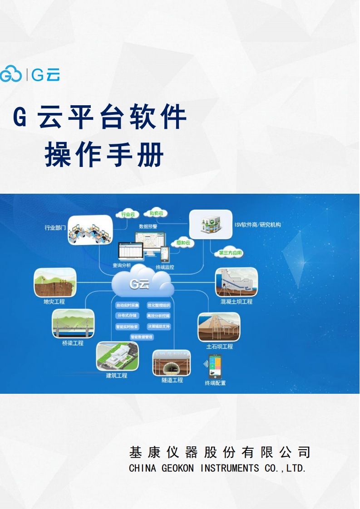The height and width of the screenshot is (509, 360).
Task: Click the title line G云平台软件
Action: coord(100,117)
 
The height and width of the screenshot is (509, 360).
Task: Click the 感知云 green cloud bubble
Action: coord(185,243)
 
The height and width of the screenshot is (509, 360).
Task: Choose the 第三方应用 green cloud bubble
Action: coord(230,253)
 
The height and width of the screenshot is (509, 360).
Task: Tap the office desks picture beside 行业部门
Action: coord(90,230)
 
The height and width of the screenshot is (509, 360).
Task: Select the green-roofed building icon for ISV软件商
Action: coord(210,224)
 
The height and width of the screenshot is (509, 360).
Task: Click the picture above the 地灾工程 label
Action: coord(54,282)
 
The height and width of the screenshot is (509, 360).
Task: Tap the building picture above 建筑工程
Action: coord(117,356)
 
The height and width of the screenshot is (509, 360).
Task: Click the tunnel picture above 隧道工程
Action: coord(172,362)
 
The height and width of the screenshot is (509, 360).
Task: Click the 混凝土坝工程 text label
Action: coord(236,301)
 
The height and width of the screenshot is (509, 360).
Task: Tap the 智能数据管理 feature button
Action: coord(142,337)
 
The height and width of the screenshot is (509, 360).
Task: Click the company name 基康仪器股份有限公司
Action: coord(220,452)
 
